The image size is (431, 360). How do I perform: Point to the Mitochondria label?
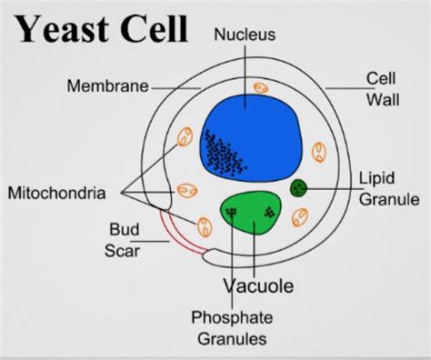[57, 193]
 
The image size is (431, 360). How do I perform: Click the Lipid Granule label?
[389, 187]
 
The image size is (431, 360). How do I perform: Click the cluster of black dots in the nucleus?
[222, 154]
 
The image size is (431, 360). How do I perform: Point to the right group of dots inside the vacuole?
[269, 213]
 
